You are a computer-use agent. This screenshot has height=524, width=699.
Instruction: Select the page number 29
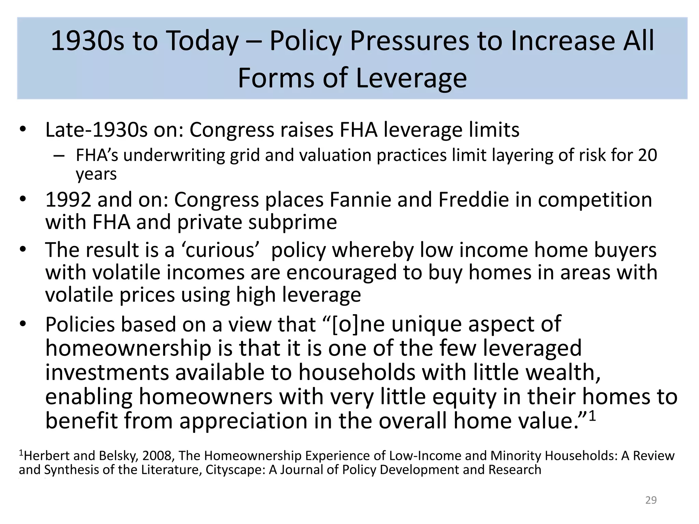pos(651,500)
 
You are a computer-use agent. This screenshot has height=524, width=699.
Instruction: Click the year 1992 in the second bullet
pos(68,200)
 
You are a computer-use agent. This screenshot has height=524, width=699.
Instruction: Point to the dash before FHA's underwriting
pos(59,156)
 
